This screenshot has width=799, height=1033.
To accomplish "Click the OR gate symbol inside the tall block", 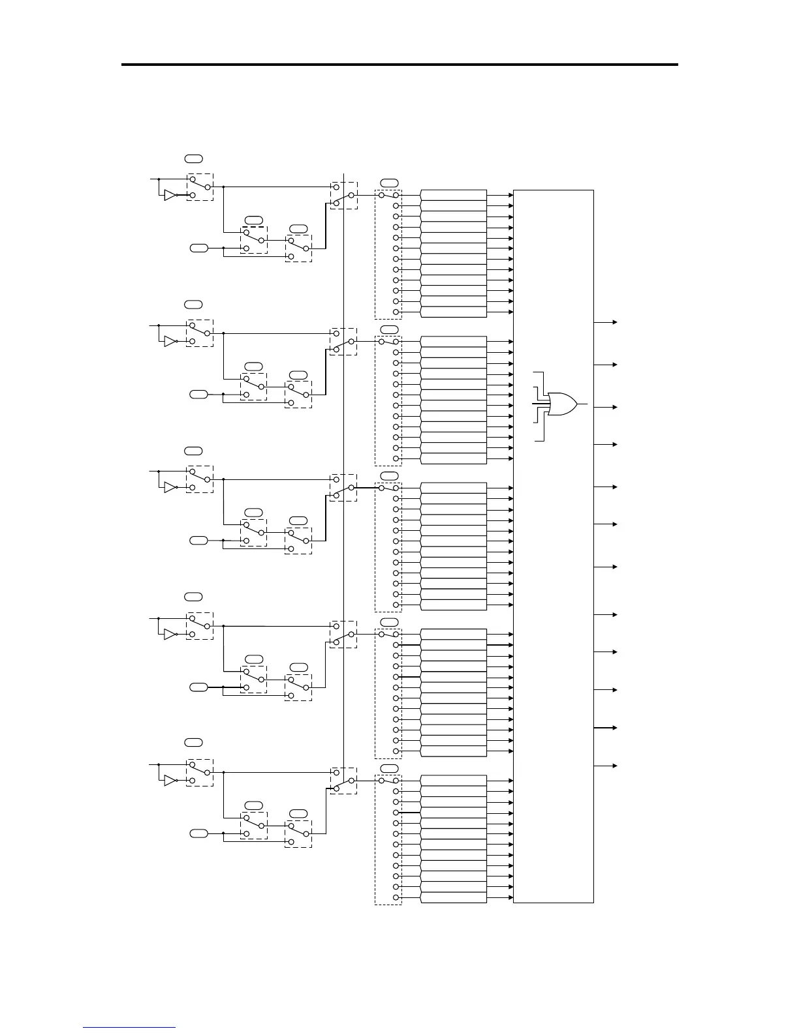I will (x=562, y=404).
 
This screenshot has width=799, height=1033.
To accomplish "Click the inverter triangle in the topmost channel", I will (x=170, y=195).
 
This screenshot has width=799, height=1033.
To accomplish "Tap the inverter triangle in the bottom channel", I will (x=170, y=781).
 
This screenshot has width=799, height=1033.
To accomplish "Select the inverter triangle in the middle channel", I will (x=170, y=487).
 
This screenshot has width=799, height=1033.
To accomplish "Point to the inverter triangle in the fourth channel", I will (x=170, y=634).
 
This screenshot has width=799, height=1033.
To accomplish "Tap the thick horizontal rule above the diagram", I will (x=399, y=65).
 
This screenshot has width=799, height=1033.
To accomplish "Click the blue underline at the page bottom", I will (x=129, y=1027).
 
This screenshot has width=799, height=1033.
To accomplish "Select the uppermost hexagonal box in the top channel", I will (x=454, y=195).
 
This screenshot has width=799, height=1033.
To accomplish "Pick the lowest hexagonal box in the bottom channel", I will (x=454, y=898).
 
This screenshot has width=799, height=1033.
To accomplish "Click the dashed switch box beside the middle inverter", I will (x=200, y=479).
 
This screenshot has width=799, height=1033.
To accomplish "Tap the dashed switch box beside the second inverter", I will (x=200, y=333).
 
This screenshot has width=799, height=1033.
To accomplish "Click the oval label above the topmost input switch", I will (x=193, y=158).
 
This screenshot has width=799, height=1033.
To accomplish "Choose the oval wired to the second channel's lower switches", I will (x=198, y=394).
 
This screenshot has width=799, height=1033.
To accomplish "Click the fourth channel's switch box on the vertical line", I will (x=343, y=635).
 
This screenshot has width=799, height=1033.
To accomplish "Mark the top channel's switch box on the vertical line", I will (x=343, y=195).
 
